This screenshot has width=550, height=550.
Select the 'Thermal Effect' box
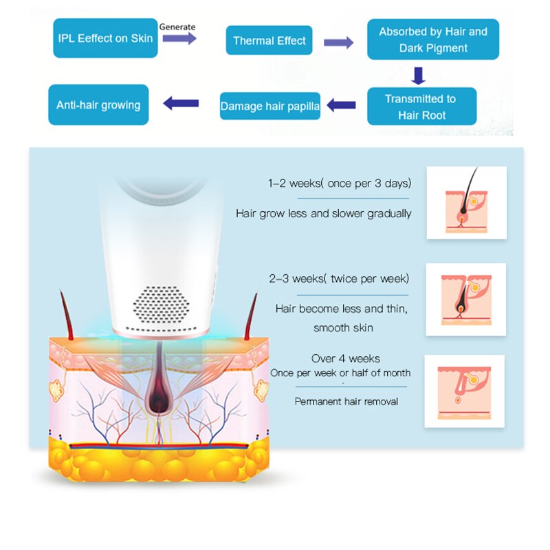click(x=269, y=41)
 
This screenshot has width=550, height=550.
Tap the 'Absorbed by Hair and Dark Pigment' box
click(x=432, y=40)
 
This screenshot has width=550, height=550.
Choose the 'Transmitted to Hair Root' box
click(x=421, y=107)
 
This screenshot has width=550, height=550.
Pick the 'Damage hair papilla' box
click(x=270, y=106)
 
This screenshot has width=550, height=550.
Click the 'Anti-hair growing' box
click(x=98, y=105)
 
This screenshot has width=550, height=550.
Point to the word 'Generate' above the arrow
click(x=177, y=27)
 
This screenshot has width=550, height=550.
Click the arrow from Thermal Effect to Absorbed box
click(x=338, y=43)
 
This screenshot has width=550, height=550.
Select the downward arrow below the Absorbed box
click(x=419, y=74)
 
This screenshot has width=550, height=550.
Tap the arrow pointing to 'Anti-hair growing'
click(x=181, y=104)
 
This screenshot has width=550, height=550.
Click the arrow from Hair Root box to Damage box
click(x=341, y=105)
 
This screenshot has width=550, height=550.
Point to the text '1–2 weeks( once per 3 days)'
click(x=340, y=184)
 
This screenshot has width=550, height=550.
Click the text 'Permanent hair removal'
click(x=346, y=401)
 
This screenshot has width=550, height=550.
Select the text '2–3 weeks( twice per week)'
click(x=339, y=278)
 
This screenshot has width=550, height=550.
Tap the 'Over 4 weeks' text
click(x=346, y=358)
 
